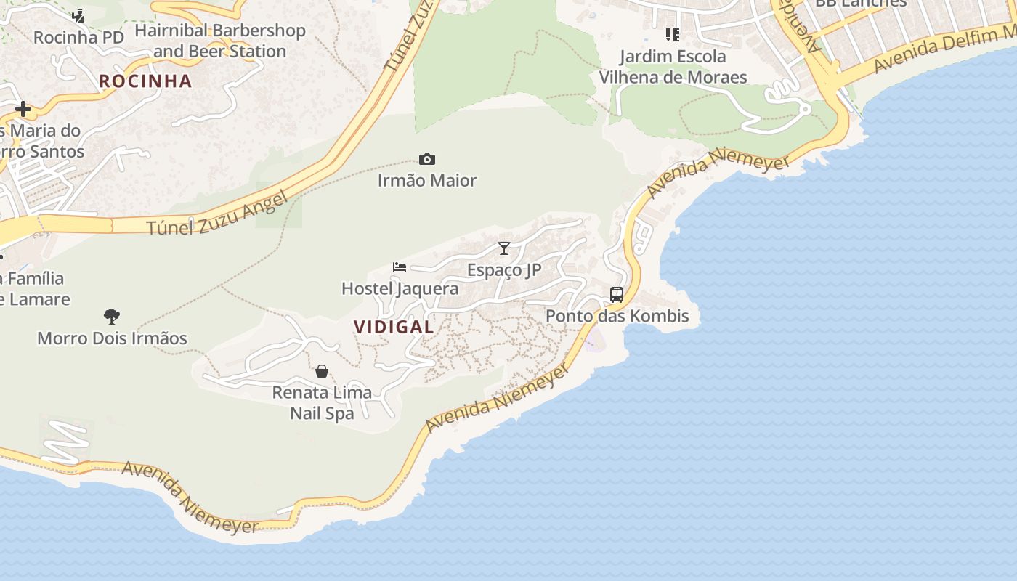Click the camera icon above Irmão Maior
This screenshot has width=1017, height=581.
[427, 159]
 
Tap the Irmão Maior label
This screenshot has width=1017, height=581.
[427, 180]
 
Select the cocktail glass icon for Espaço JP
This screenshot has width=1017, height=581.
[504, 248]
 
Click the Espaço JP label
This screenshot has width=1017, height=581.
[504, 270]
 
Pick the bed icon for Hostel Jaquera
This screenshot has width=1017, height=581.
[400, 267]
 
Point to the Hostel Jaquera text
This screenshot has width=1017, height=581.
[400, 288]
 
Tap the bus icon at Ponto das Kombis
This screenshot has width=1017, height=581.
[617, 294]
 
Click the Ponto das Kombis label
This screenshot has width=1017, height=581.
[617, 316]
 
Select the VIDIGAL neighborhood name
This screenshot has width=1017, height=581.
[394, 327]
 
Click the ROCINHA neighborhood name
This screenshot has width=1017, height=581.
[145, 81]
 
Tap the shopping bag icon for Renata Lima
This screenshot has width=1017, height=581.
[322, 371]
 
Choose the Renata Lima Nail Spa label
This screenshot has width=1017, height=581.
[322, 402]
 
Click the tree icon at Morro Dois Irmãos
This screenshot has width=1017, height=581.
[112, 316]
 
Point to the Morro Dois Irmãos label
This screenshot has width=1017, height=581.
[112, 338]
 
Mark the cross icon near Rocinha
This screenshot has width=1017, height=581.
[23, 109]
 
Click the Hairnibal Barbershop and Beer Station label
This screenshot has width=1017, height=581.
[219, 41]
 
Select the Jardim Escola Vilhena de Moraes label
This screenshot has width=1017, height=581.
[673, 66]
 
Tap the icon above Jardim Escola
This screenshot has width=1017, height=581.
[673, 34]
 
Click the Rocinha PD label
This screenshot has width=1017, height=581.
[78, 37]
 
